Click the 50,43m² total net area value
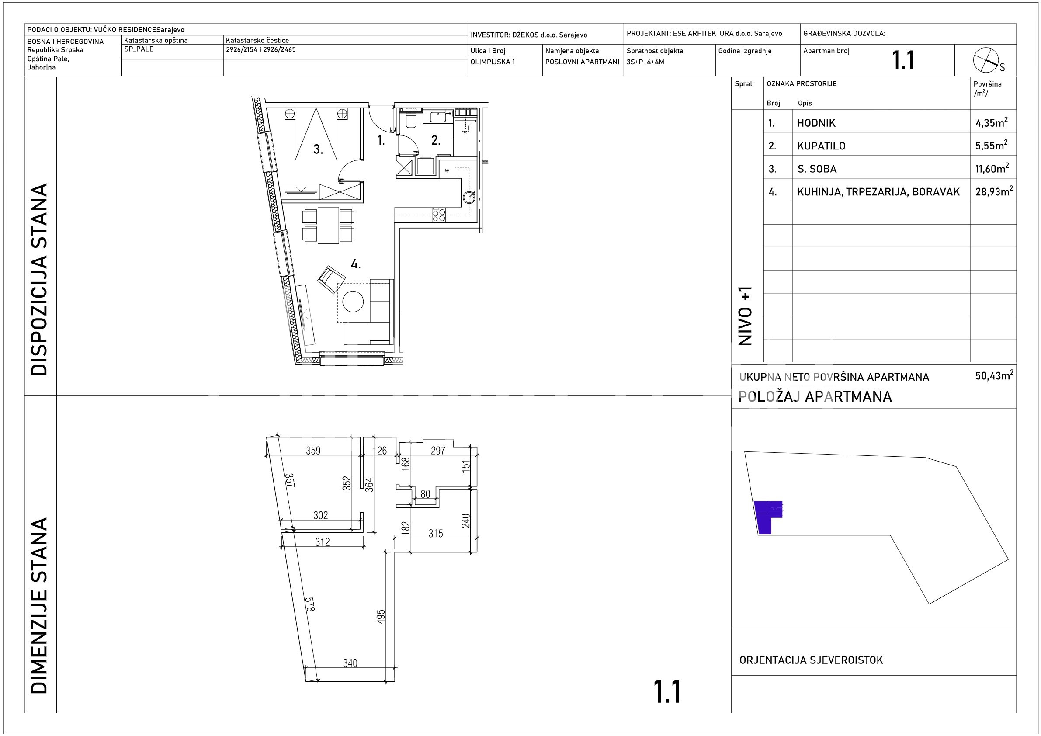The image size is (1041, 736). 994,375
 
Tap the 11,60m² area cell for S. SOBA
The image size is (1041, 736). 992,168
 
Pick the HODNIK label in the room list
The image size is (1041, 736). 816,123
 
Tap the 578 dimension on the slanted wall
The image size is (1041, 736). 310,604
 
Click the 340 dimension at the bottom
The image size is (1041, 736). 350,663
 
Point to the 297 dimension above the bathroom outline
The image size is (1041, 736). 438,450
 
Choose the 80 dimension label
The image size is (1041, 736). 425,494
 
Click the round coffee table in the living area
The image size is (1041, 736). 353,301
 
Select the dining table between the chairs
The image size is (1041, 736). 328,225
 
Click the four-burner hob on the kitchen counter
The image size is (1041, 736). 438,215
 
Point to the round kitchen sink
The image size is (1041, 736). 469,197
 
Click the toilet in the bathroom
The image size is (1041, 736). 411,120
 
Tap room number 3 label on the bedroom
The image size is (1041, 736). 318,149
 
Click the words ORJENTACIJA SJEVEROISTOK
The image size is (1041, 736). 811,660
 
